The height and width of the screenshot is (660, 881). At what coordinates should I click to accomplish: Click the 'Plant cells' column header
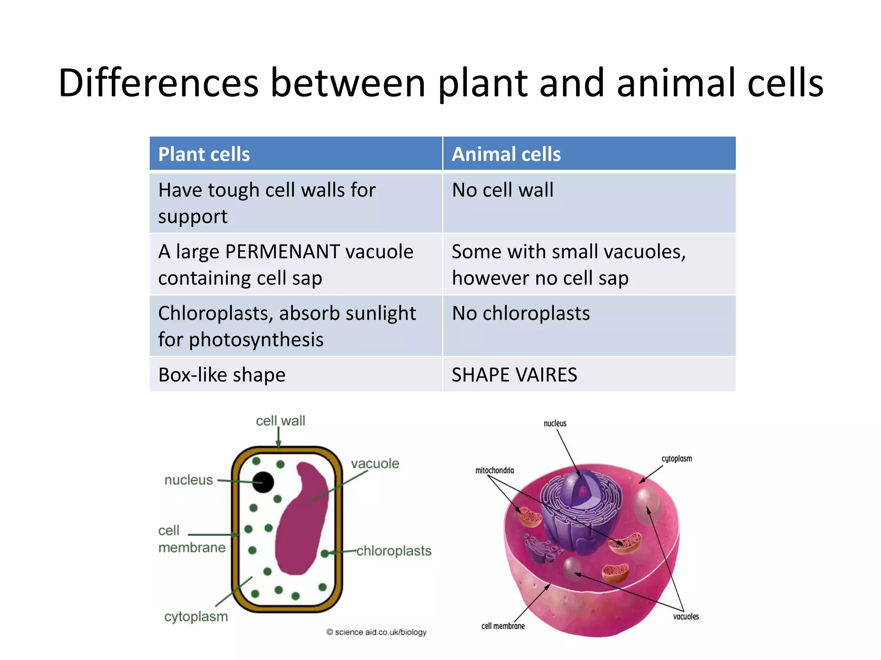tap(204, 154)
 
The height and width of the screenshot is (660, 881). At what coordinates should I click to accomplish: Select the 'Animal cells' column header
tap(506, 154)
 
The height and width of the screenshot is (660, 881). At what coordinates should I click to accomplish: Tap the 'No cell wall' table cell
tap(502, 190)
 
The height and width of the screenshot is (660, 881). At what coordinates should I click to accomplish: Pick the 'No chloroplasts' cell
tap(521, 313)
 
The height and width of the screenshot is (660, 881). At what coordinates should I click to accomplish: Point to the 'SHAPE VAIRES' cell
tap(514, 375)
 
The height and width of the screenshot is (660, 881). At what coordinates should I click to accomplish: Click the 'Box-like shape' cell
tap(222, 375)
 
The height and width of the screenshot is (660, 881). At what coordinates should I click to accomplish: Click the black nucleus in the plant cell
tap(263, 482)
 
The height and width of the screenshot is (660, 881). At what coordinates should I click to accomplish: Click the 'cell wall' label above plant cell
tap(280, 421)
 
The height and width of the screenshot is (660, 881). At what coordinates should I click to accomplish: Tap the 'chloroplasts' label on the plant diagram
tap(394, 551)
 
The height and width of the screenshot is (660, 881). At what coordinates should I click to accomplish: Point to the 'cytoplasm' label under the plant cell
tap(196, 617)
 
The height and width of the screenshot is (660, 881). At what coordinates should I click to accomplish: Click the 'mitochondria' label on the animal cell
tap(494, 471)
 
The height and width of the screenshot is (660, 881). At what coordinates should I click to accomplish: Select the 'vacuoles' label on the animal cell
tap(686, 617)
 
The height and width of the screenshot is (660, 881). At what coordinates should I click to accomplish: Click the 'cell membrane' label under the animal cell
tap(503, 626)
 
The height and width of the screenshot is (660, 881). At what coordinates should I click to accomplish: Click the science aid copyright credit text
tap(376, 632)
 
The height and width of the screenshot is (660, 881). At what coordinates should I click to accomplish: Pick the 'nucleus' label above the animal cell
tap(555, 424)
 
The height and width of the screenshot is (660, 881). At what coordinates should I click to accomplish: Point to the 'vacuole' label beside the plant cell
tap(375, 464)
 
